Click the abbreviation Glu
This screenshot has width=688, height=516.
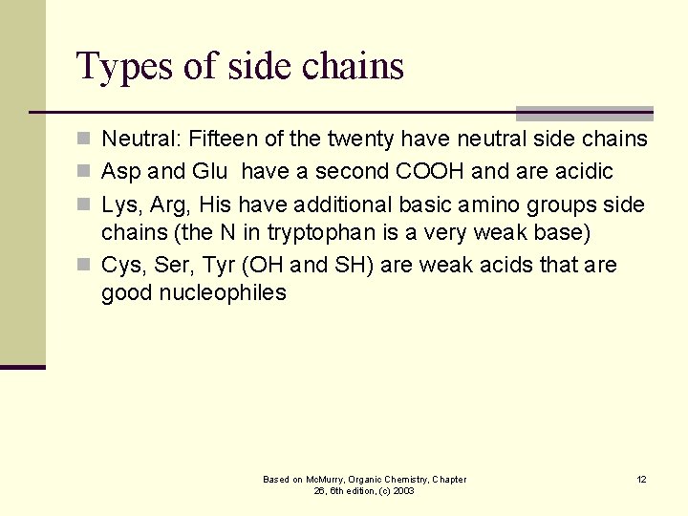(x=208, y=172)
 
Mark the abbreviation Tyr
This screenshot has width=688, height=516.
(x=219, y=266)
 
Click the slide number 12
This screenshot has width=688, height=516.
(x=641, y=479)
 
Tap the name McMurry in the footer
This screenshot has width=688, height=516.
(x=318, y=479)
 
